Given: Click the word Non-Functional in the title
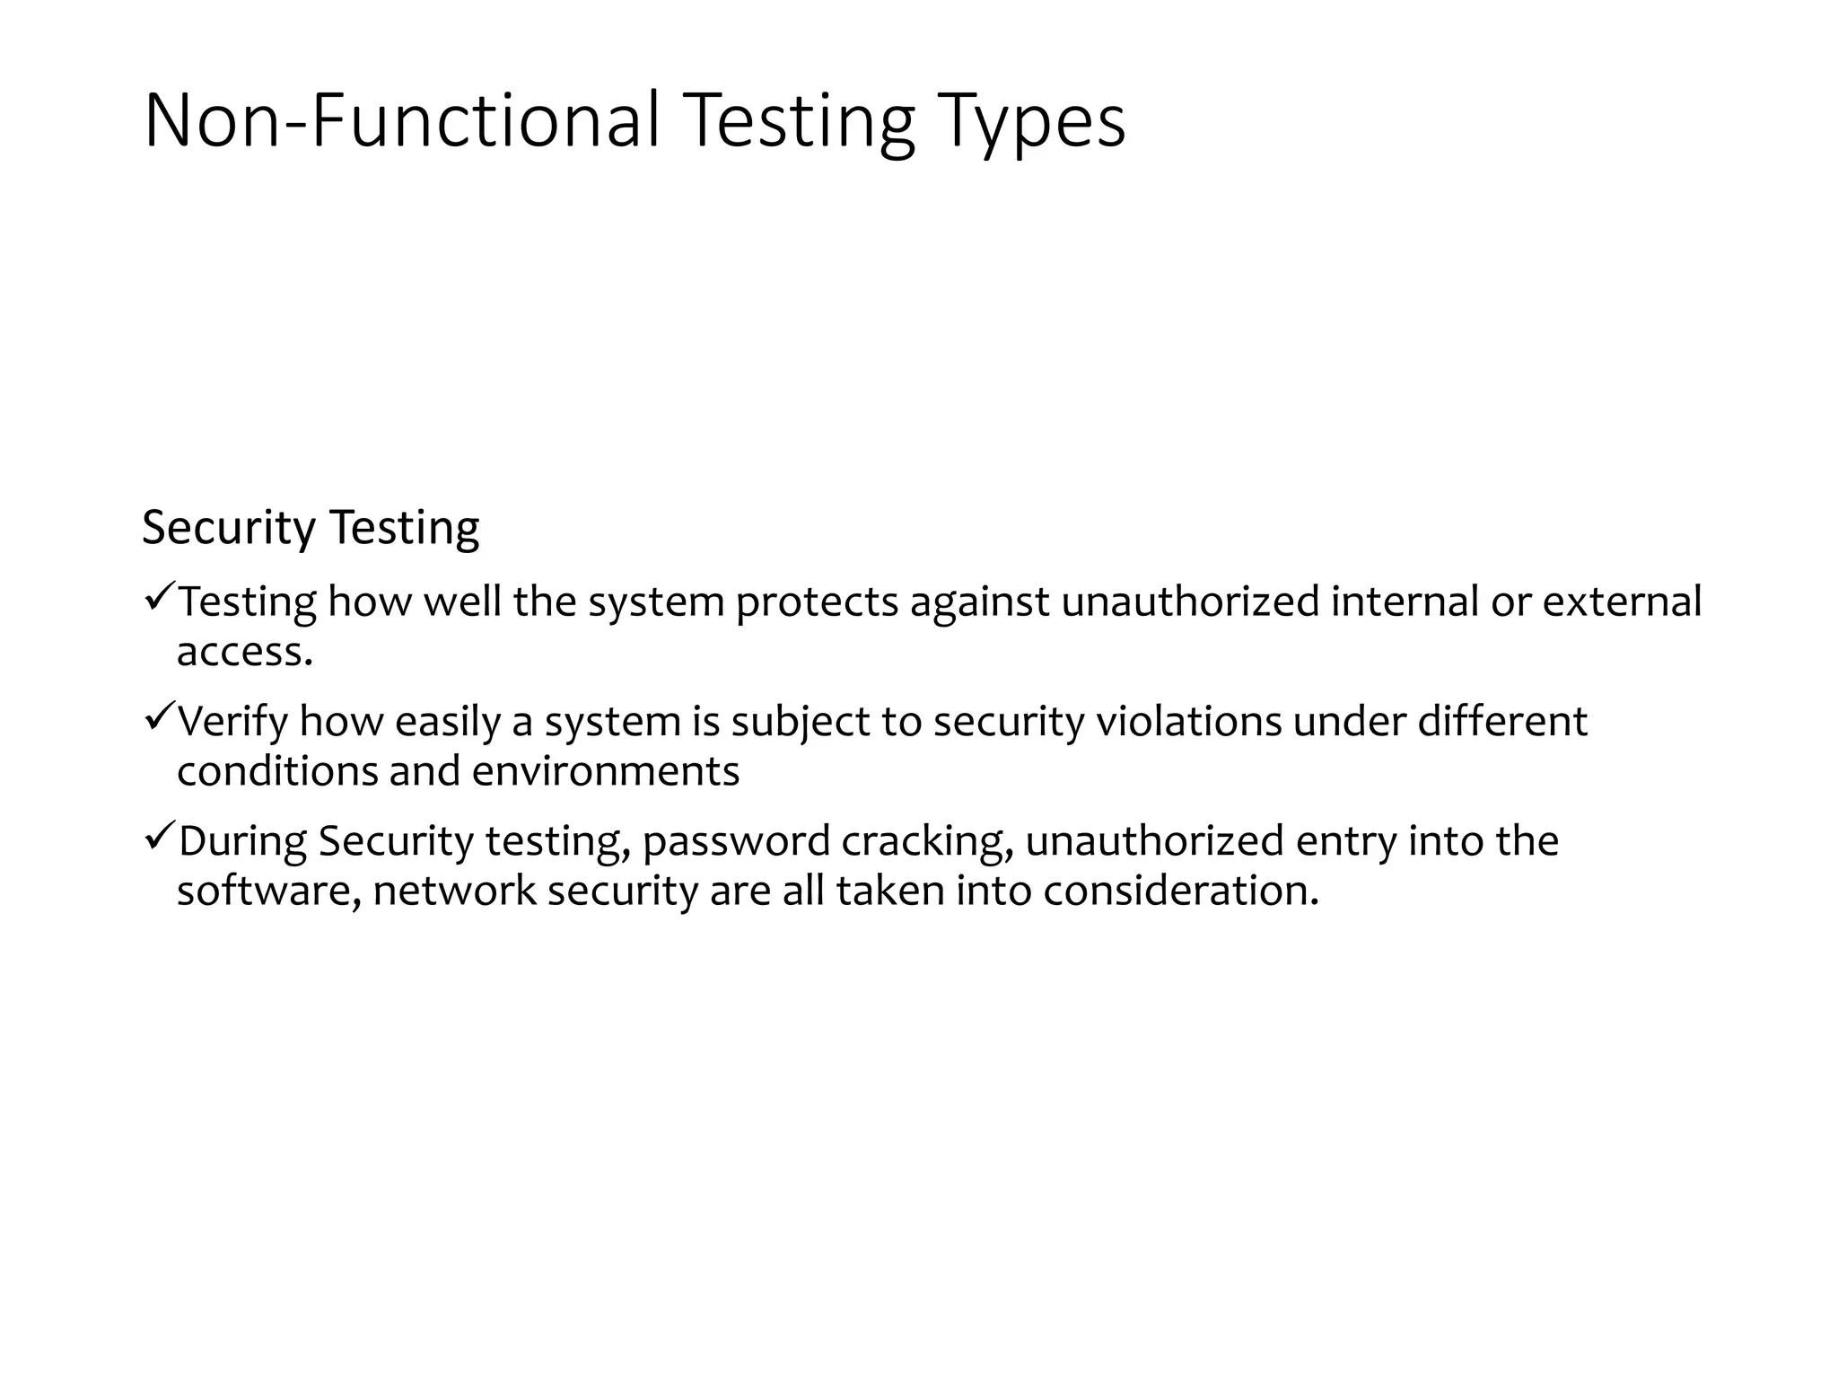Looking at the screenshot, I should point(401,120).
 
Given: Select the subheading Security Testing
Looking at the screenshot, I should point(311,527).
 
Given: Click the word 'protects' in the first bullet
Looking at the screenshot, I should point(817,602).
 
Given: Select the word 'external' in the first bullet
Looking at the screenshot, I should point(1622,602).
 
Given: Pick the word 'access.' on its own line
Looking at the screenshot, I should point(245,652).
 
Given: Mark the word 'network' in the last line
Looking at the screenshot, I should point(454,892).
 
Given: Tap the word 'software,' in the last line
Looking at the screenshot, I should point(269,892).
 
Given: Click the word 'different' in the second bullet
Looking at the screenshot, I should point(1502,722).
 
